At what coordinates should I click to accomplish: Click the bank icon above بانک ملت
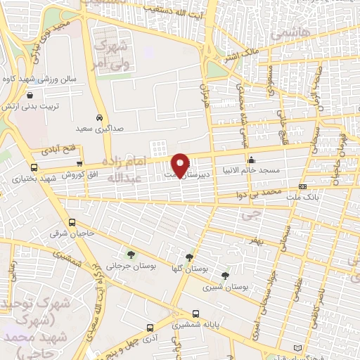(302, 186)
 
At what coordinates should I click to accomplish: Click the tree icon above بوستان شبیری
(224, 276)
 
